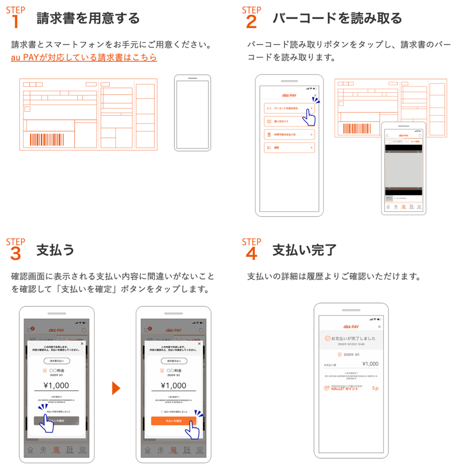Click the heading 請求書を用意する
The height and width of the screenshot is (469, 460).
[88, 18]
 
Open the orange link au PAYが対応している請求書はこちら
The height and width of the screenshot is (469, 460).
[84, 58]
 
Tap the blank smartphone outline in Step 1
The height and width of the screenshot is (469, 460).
[192, 113]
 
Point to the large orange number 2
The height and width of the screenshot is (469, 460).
[251, 22]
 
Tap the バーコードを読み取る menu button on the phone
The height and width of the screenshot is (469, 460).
[289, 109]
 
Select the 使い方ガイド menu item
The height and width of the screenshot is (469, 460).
[289, 122]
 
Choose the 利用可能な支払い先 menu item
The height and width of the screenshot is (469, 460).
[289, 135]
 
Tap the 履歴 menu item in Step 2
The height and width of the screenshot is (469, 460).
[289, 147]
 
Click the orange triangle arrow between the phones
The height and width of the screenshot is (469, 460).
[116, 388]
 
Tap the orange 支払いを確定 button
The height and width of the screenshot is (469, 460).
[173, 420]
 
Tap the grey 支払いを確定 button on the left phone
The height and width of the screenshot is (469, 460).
[56, 420]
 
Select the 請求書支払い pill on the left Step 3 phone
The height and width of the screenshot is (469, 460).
[56, 361]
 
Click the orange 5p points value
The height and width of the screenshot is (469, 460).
[375, 388]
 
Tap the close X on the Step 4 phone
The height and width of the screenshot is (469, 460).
[379, 327]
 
